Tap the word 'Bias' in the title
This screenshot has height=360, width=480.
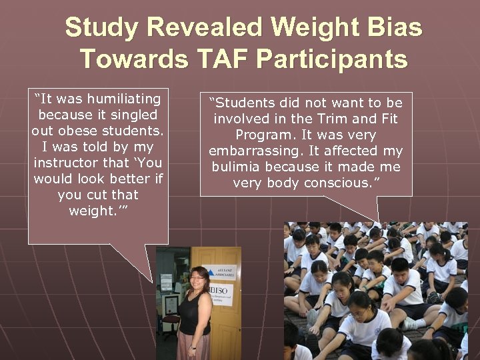[393, 28]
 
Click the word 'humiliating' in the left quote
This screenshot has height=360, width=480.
[123, 99]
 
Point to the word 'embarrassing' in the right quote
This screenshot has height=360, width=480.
[249, 151]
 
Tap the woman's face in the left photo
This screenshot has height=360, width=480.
[199, 278]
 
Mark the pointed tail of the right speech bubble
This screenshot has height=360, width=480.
[379, 221]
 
